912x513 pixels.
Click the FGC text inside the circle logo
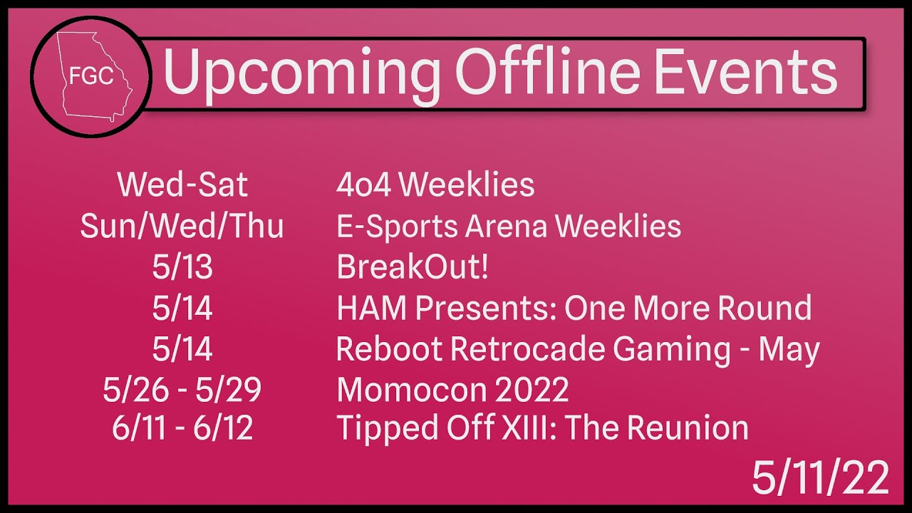[91, 76]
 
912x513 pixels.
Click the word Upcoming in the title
[301, 75]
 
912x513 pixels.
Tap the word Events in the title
[745, 72]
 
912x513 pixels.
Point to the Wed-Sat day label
[182, 185]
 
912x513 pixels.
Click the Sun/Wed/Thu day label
[182, 226]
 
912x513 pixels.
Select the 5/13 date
[182, 266]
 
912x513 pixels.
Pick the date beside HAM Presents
[182, 308]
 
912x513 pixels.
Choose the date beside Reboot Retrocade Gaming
[182, 349]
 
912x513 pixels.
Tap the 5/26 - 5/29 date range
[182, 390]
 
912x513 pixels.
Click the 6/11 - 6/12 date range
[182, 427]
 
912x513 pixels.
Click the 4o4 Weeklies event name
[435, 185]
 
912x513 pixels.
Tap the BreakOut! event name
[413, 266]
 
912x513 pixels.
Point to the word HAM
[372, 308]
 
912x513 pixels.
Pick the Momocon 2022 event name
[452, 390]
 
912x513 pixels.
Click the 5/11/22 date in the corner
[820, 477]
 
